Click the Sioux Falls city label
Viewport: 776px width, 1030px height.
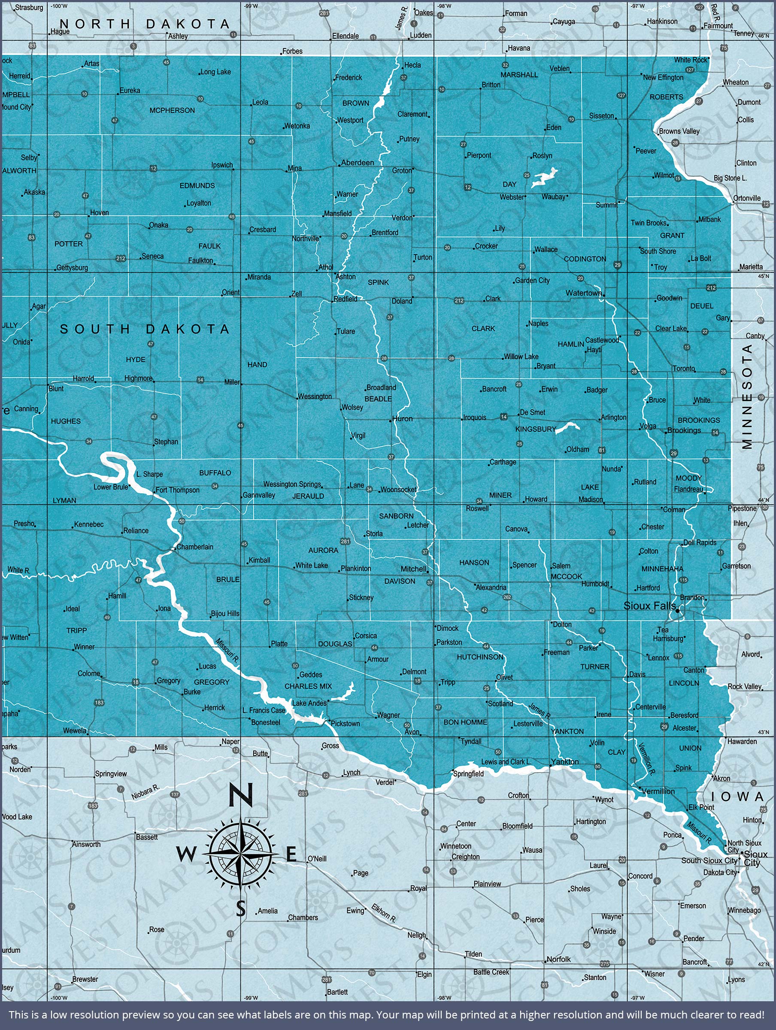pos(649,606)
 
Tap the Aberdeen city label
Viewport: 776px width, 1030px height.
pos(357,163)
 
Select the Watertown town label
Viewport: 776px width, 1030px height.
pos(584,293)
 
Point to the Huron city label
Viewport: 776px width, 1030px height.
pos(403,418)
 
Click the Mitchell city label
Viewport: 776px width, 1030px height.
pos(414,569)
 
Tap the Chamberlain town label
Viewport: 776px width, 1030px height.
pos(195,547)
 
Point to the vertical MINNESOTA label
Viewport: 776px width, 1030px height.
pos(747,396)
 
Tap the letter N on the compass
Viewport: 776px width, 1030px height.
pos(241,794)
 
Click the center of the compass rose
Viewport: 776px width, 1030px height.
pos(240,854)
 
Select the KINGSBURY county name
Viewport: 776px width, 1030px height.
pos(536,429)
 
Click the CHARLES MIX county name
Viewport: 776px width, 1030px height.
pos(308,686)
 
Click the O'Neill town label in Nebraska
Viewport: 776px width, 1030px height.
pos(317,859)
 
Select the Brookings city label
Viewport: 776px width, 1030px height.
pos(684,430)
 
